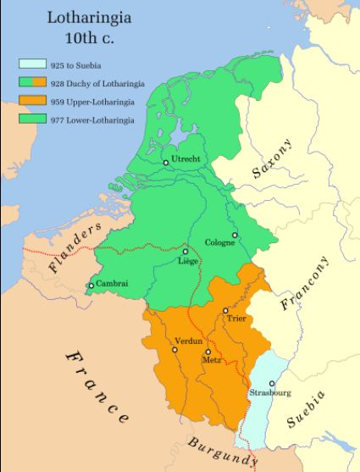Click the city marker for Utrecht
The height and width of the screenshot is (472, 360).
166,162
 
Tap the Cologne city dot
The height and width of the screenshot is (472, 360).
235,235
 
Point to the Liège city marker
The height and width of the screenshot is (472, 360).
185,252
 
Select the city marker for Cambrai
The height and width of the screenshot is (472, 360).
91,286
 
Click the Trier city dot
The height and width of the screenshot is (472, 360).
224,311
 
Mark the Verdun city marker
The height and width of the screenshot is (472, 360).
174,349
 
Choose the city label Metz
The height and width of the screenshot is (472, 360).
213,360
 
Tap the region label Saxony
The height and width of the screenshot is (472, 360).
271,159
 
